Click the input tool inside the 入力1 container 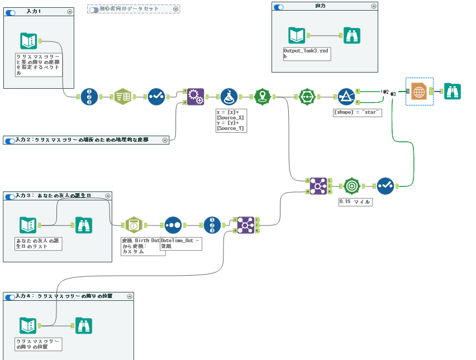[28, 41]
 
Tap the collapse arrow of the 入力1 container [69, 11]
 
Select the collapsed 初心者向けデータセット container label [129, 9]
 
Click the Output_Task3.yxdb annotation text [307, 53]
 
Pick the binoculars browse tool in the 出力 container [351, 36]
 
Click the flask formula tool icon [229, 97]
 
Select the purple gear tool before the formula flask [195, 97]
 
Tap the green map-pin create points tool [263, 97]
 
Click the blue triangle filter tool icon [346, 97]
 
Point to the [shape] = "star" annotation [357, 112]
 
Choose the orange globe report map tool [419, 92]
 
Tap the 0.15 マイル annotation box [355, 201]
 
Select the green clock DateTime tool [134, 225]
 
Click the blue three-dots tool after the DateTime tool [173, 225]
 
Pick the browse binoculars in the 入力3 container [83, 225]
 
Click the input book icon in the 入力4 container [28, 325]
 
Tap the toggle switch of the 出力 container [278, 7]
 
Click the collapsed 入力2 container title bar [84, 140]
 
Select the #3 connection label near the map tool [393, 94]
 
